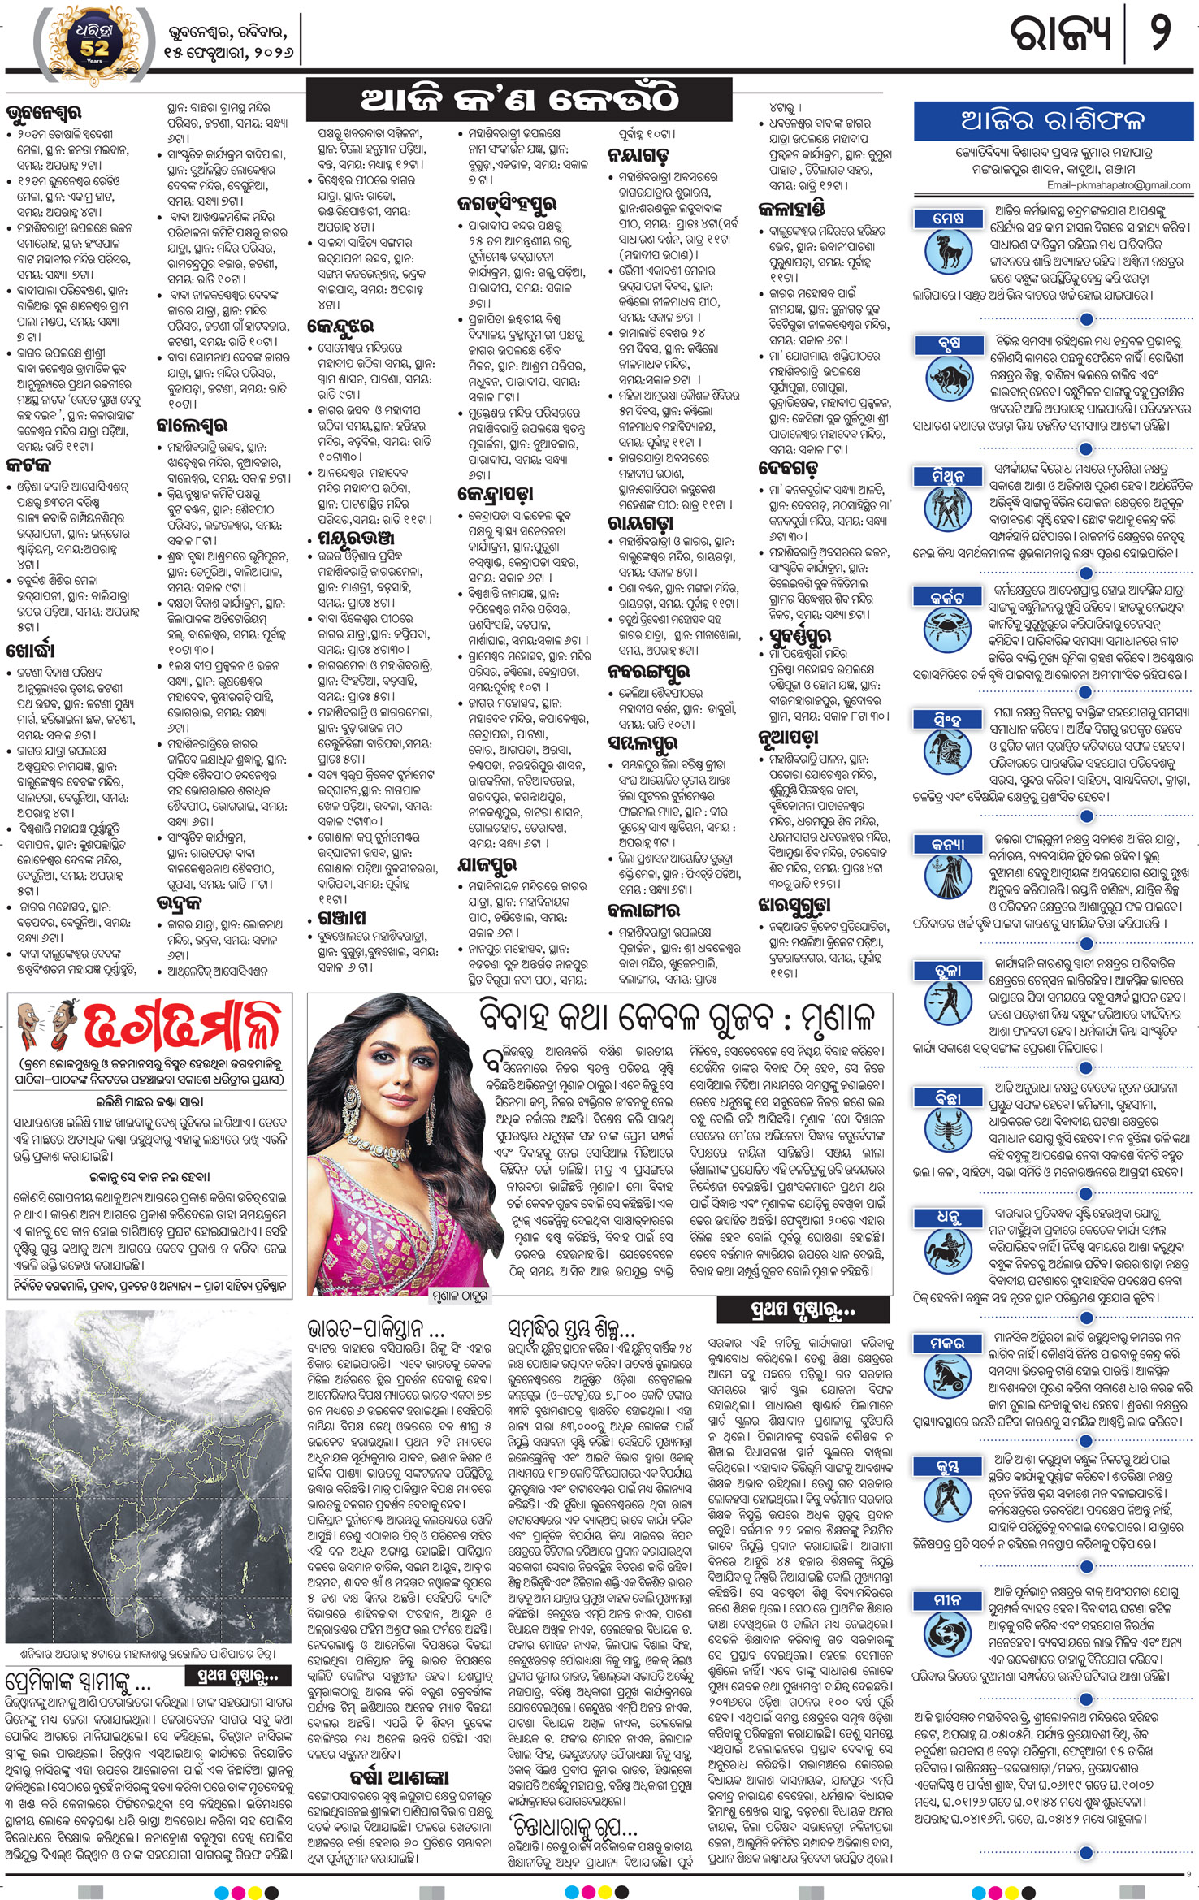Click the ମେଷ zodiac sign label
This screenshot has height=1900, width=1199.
[x=948, y=218]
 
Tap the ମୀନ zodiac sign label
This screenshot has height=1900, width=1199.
[x=948, y=1599]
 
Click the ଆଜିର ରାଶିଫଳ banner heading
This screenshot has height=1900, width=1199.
[x=1053, y=121]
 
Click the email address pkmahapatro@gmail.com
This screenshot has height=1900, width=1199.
[x=1119, y=185]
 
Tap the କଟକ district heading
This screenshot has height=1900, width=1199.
[x=28, y=465]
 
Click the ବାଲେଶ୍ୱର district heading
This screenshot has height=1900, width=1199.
[x=192, y=425]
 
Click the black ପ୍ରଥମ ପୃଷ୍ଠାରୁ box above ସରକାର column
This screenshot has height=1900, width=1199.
[x=786, y=1309]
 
